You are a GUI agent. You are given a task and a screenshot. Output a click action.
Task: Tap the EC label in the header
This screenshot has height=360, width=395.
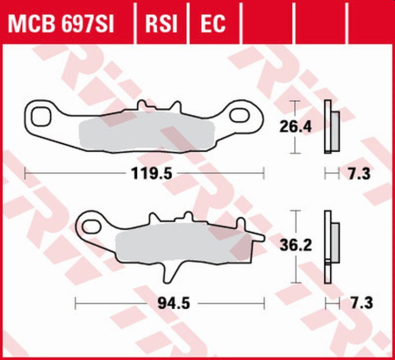click(x=211, y=19)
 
